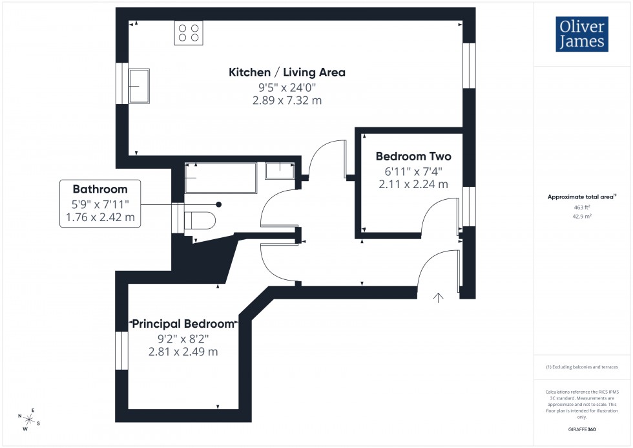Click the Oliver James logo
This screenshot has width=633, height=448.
[x=581, y=34]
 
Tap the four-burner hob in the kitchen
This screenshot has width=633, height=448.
[x=188, y=33]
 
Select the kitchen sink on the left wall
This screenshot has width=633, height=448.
[x=139, y=86]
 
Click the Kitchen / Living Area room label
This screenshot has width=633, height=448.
[x=287, y=72]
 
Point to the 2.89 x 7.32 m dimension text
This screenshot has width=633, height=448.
[x=287, y=101]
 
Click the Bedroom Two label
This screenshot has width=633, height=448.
[x=413, y=156]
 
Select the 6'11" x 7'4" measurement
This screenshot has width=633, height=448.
[x=413, y=171]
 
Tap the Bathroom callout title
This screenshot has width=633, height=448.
[x=99, y=189]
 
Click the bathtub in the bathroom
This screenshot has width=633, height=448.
[x=221, y=178]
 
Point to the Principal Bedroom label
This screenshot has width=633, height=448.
[x=183, y=323]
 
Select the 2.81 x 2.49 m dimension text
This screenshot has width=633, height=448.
[x=183, y=352]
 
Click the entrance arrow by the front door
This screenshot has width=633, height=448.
[x=439, y=297]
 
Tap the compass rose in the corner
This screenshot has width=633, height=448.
[x=29, y=419]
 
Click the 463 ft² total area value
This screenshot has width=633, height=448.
[x=582, y=208]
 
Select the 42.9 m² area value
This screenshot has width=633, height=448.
[x=582, y=217]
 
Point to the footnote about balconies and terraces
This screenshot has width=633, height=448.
[x=582, y=367]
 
